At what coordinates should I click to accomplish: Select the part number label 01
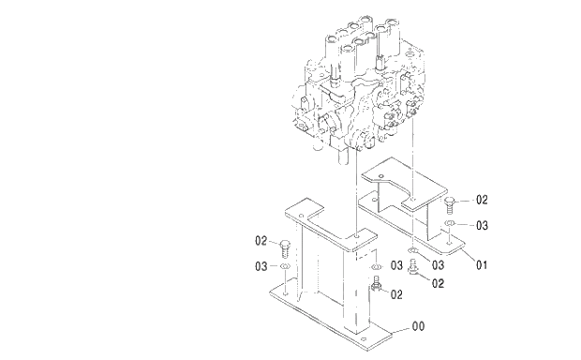[x=481, y=265]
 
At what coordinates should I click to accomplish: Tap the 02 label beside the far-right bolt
[x=482, y=200]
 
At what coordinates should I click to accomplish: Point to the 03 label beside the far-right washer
[x=482, y=226]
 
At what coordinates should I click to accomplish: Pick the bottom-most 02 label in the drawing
[x=396, y=294]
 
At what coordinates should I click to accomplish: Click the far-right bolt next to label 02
[x=451, y=202]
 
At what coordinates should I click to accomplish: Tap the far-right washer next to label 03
[x=451, y=226]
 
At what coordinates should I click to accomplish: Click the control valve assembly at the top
[x=361, y=94]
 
